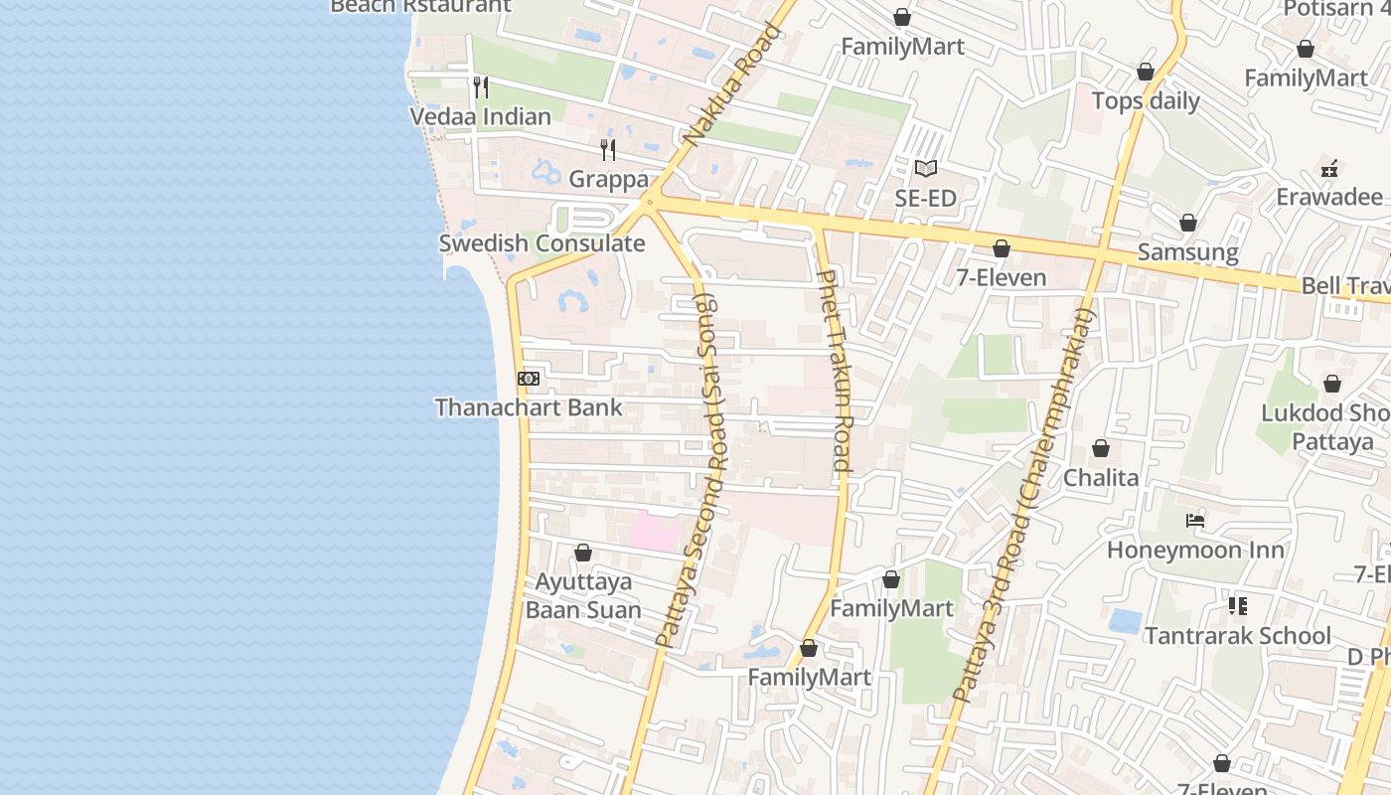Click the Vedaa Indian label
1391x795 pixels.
click(x=481, y=116)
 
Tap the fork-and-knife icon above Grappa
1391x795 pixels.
click(x=608, y=150)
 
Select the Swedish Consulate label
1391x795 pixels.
click(x=541, y=243)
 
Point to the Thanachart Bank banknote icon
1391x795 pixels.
click(x=529, y=379)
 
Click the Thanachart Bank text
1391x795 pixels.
click(x=529, y=407)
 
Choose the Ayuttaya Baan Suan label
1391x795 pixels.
click(x=583, y=595)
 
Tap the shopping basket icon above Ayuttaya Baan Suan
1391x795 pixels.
click(x=583, y=553)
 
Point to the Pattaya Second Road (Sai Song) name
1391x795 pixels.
click(x=694, y=471)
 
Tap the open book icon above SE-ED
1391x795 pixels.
click(x=926, y=169)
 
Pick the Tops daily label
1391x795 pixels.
click(x=1146, y=100)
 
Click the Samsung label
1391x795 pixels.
click(x=1188, y=252)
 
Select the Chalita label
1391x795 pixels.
click(x=1101, y=478)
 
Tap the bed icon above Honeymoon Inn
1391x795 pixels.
click(x=1195, y=521)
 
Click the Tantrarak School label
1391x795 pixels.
click(x=1237, y=636)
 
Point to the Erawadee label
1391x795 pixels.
click(x=1329, y=197)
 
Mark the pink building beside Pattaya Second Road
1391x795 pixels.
click(x=653, y=531)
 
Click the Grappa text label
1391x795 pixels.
click(x=608, y=180)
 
